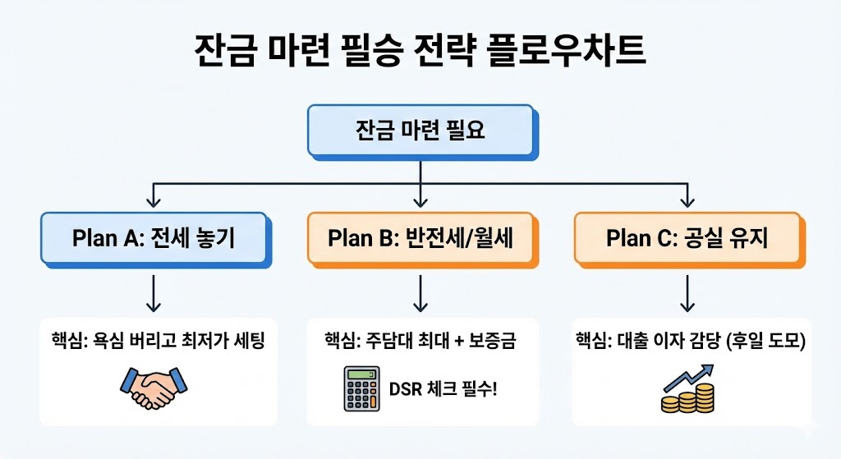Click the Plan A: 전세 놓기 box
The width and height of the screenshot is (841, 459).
pos(154,238)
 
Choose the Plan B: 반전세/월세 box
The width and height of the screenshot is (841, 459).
pos(420,238)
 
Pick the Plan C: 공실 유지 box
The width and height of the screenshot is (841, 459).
pos(687,238)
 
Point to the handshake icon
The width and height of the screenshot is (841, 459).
pos(154,386)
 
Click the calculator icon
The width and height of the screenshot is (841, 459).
pos(359,386)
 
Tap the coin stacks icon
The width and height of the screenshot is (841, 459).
pos(687,399)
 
